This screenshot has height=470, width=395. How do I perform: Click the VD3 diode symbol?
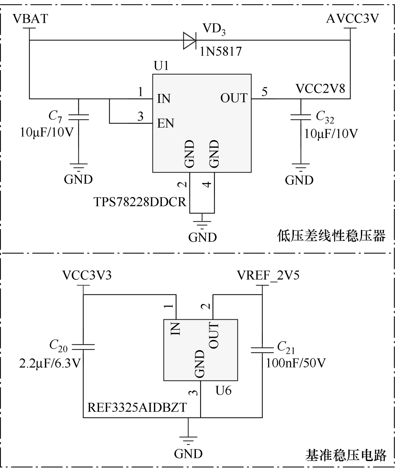(190, 40)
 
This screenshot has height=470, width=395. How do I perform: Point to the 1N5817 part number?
(221, 51)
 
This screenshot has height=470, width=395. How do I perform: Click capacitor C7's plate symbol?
(78, 117)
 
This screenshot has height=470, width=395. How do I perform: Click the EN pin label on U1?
(165, 123)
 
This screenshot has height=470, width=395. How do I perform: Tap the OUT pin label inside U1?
(234, 98)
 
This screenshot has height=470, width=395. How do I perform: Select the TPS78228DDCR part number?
(140, 202)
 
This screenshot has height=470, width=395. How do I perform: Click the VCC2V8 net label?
(320, 88)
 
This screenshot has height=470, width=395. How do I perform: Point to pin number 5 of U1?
(264, 92)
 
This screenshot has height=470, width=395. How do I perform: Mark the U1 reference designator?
(161, 66)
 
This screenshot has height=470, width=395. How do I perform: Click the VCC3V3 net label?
(87, 275)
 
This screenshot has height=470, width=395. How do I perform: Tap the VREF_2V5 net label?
(268, 275)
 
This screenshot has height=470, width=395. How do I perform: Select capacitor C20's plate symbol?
(83, 347)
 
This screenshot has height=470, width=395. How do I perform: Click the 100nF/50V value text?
(296, 363)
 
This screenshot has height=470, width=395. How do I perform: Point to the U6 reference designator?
(223, 390)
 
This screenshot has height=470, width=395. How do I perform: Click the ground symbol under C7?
(78, 166)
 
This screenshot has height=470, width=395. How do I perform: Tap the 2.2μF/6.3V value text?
(50, 363)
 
